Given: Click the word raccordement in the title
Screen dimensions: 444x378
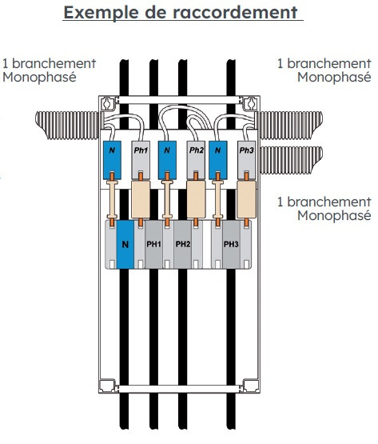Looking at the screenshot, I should [241, 14].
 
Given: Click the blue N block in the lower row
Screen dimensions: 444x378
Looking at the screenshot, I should [125, 245].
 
